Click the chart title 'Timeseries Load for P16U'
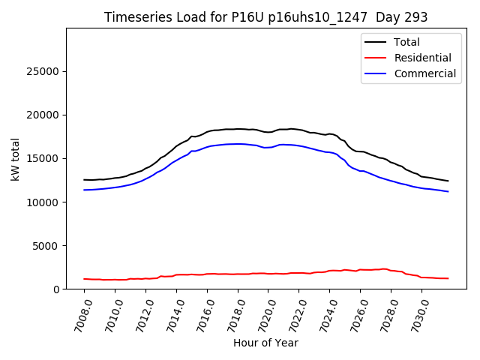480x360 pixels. pyautogui.click(x=266, y=17)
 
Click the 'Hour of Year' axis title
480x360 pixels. pyautogui.click(x=265, y=343)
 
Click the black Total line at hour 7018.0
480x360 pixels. pyautogui.click(x=238, y=128)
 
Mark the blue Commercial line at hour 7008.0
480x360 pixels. pyautogui.click(x=85, y=190)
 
